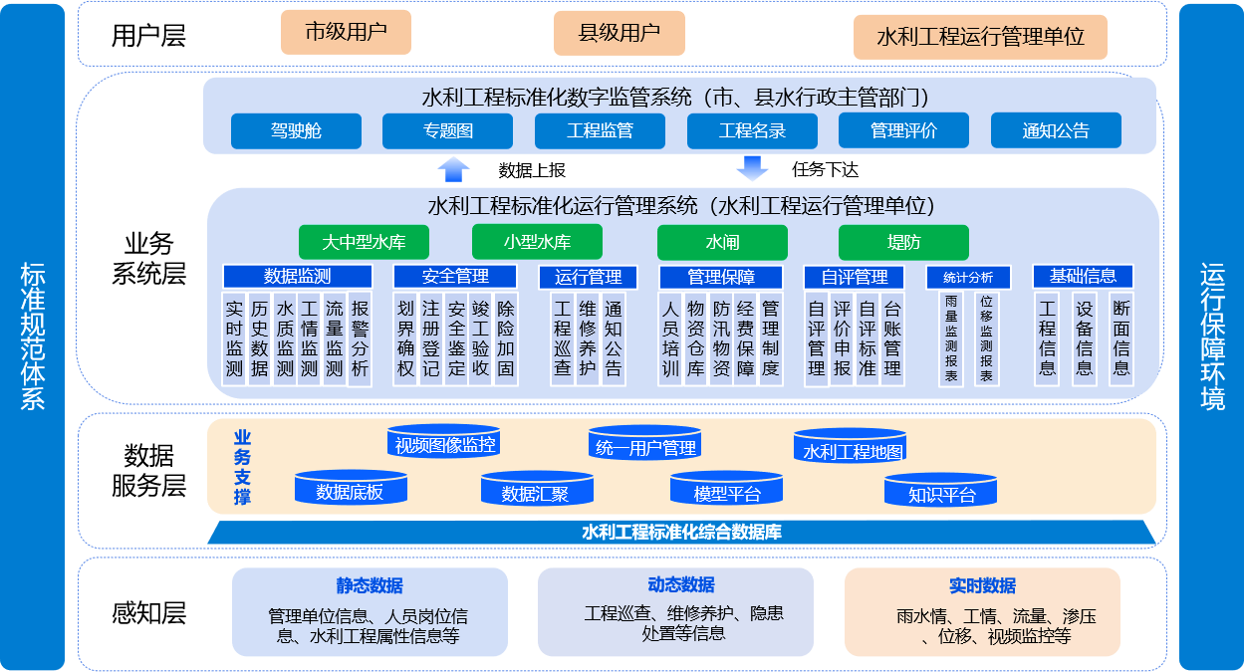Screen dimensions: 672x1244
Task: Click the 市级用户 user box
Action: pyautogui.click(x=346, y=32)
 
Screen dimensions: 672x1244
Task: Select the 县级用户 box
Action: pyautogui.click(x=619, y=32)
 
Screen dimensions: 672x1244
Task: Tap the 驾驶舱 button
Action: pyautogui.click(x=296, y=130)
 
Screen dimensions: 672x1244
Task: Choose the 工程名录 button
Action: pyautogui.click(x=752, y=130)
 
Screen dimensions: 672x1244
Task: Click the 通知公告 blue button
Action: pyautogui.click(x=1056, y=130)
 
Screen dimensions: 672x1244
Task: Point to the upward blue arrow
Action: pyautogui.click(x=453, y=169)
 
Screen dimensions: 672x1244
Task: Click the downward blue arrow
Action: pyautogui.click(x=752, y=169)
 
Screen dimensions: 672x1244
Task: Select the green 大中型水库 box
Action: pyautogui.click(x=364, y=242)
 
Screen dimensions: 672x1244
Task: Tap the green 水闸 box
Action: pyautogui.click(x=722, y=242)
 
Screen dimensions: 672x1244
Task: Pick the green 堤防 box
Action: pyautogui.click(x=903, y=242)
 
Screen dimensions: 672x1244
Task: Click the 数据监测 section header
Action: pyautogui.click(x=297, y=277)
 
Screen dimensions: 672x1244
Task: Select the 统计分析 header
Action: pyautogui.click(x=967, y=277)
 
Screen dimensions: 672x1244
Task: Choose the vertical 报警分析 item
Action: pyautogui.click(x=360, y=338)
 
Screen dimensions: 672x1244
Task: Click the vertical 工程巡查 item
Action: pyautogui.click(x=563, y=338)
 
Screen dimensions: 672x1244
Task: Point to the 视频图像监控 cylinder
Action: pyautogui.click(x=445, y=444)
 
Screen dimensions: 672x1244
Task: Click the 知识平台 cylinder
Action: pyautogui.click(x=941, y=494)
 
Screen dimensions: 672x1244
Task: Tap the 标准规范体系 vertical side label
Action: pyautogui.click(x=33, y=336)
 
